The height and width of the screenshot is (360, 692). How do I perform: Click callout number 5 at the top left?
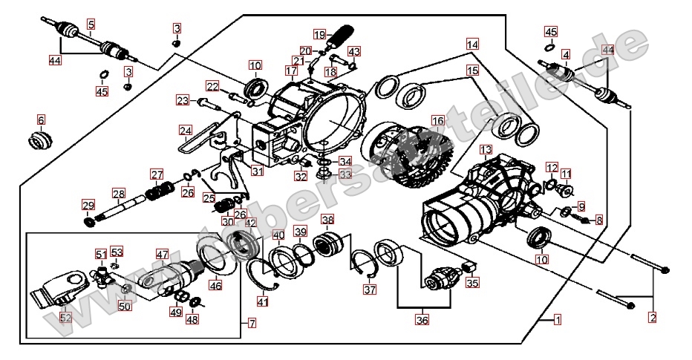91,24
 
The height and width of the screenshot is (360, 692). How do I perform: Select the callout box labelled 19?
319,35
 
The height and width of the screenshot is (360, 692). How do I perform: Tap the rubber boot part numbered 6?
42,139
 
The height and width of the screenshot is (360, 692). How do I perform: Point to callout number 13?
486,150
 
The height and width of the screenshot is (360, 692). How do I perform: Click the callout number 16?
437,120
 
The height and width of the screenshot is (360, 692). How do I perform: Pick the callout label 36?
422,321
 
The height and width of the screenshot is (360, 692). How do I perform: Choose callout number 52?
66,318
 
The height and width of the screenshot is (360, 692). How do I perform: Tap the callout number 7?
252,324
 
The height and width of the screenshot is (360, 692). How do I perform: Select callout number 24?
185,130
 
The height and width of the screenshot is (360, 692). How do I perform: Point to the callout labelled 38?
327,220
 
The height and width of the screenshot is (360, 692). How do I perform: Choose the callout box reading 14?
473,44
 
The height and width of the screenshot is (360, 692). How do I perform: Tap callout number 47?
163,254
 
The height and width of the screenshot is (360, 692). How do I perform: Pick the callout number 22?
212,87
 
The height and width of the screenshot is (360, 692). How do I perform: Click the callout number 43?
354,52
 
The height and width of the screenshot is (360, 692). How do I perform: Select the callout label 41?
262,301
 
